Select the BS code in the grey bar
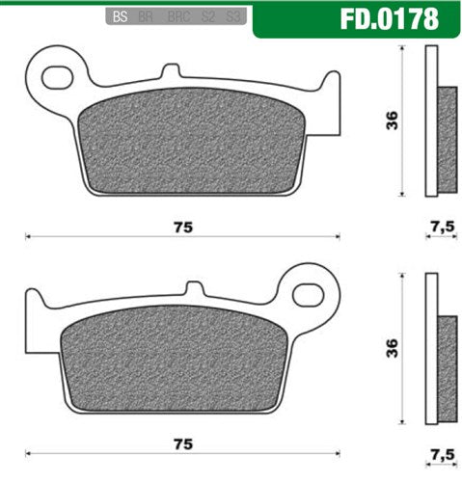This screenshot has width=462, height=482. point(120,17)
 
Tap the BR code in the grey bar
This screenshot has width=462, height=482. point(145,17)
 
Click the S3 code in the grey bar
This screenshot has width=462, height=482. point(231,17)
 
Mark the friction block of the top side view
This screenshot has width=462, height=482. point(448,138)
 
